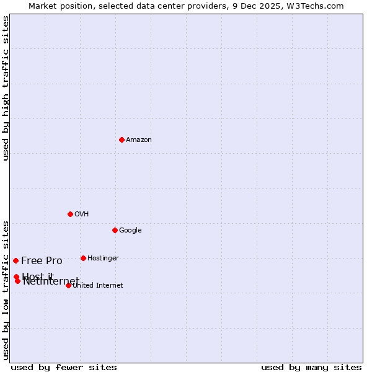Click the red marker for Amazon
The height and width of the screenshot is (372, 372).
[x=122, y=139]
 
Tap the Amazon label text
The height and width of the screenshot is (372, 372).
[x=139, y=140]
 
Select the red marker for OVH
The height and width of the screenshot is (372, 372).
[x=70, y=214]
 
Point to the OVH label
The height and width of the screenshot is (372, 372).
[x=82, y=215]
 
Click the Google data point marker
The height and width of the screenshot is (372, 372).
[x=115, y=230]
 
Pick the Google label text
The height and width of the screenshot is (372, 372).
[x=130, y=231]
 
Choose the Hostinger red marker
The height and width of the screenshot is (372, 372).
[x=83, y=258]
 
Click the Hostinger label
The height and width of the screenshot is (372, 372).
[x=103, y=259]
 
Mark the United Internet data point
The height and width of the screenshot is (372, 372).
[x=68, y=285]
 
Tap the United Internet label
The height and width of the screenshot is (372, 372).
[x=98, y=286]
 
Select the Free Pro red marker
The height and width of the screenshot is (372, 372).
[x=15, y=260]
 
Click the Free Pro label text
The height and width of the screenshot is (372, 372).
[x=42, y=261]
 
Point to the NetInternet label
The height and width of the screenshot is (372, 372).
[x=51, y=282]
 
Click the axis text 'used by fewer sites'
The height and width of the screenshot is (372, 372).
[x=64, y=368]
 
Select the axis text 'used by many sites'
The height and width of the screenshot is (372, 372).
[x=311, y=368]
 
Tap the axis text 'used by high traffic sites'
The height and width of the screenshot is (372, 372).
[x=6, y=88]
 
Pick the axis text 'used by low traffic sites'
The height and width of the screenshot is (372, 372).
[x=6, y=290]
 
